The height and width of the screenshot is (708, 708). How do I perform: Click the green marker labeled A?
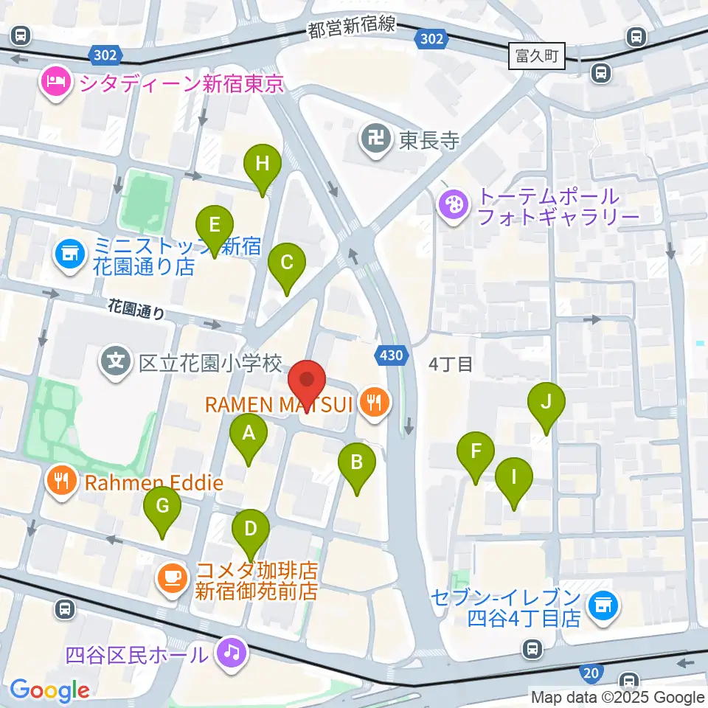click(x=249, y=434)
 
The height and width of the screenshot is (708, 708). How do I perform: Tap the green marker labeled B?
click(x=357, y=463)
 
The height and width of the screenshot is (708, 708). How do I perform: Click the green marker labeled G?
click(x=162, y=507)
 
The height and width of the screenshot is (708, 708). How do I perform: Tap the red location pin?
click(x=307, y=382)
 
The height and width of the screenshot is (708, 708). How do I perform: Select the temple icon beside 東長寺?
click(x=376, y=139)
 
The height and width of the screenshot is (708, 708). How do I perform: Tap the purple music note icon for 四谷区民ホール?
click(x=231, y=653)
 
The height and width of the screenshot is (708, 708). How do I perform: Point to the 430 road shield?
click(x=391, y=356)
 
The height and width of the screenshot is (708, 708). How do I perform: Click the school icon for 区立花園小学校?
click(x=117, y=362)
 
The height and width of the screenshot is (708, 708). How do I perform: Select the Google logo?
click(x=49, y=690)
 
